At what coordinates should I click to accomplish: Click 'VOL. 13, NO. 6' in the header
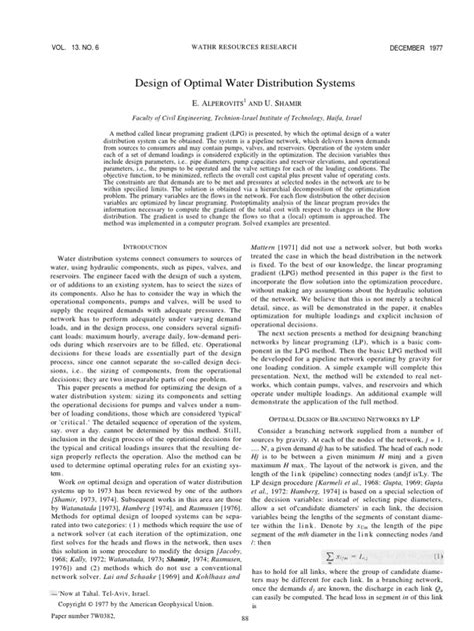pyautogui.click(x=66, y=20)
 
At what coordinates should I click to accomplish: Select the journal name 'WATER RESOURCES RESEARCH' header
pyautogui.click(x=236, y=20)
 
